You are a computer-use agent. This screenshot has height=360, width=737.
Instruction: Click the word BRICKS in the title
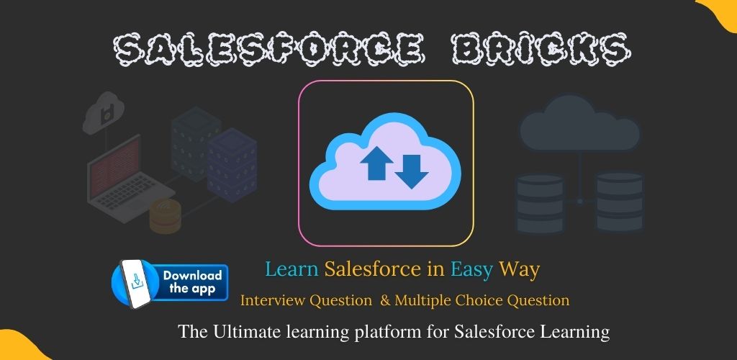(541, 49)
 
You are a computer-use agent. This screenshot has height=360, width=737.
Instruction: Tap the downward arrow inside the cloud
(411, 171)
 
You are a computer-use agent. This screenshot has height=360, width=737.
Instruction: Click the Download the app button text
(192, 282)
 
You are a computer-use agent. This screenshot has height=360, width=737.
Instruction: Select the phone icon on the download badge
(136, 284)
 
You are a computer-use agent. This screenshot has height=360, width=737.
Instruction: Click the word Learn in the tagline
(292, 269)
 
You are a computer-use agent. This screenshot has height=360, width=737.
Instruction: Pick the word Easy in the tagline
(472, 270)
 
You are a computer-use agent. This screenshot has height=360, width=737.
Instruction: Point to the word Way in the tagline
(519, 270)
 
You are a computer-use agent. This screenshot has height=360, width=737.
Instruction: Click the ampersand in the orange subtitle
(386, 300)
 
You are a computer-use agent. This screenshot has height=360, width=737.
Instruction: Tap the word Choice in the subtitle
(476, 300)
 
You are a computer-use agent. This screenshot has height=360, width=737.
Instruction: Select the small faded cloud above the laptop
(103, 112)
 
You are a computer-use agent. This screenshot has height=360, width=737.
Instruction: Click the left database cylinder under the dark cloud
(540, 204)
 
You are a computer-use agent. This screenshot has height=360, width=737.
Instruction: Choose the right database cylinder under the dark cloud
(620, 202)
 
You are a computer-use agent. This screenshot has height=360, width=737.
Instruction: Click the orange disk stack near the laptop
(165, 216)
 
